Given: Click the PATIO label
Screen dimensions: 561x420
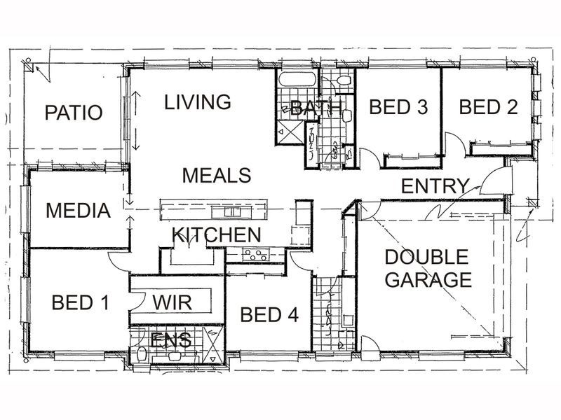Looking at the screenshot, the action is [74, 113].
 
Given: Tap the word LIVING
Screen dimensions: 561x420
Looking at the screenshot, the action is [198, 101].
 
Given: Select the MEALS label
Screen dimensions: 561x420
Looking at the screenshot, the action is [217, 176].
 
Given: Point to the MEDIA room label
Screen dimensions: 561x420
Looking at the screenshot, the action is [78, 211].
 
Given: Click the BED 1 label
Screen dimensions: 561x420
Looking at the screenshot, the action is [80, 302].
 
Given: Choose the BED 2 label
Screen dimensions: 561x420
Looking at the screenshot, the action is [488, 107].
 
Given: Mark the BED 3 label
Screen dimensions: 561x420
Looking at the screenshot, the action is [398, 107].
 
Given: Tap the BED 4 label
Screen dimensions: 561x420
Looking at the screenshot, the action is [269, 314].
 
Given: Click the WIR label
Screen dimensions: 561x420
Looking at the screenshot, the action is [172, 302].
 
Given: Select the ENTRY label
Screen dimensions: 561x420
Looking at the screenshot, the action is [435, 186].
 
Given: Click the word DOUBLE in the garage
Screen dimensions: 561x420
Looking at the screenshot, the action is [426, 257].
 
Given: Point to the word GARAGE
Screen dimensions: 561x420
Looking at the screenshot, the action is [428, 279].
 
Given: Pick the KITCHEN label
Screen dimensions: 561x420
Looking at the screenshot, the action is [217, 234].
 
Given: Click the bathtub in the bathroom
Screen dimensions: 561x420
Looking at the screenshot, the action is [297, 79].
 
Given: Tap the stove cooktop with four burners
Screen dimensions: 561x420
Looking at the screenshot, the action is [255, 255].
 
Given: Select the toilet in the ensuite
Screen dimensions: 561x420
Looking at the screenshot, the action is [142, 354].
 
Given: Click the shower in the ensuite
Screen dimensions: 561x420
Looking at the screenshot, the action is [213, 345].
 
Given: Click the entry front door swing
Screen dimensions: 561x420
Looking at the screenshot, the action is [493, 181].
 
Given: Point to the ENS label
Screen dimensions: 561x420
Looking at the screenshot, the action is [171, 340].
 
